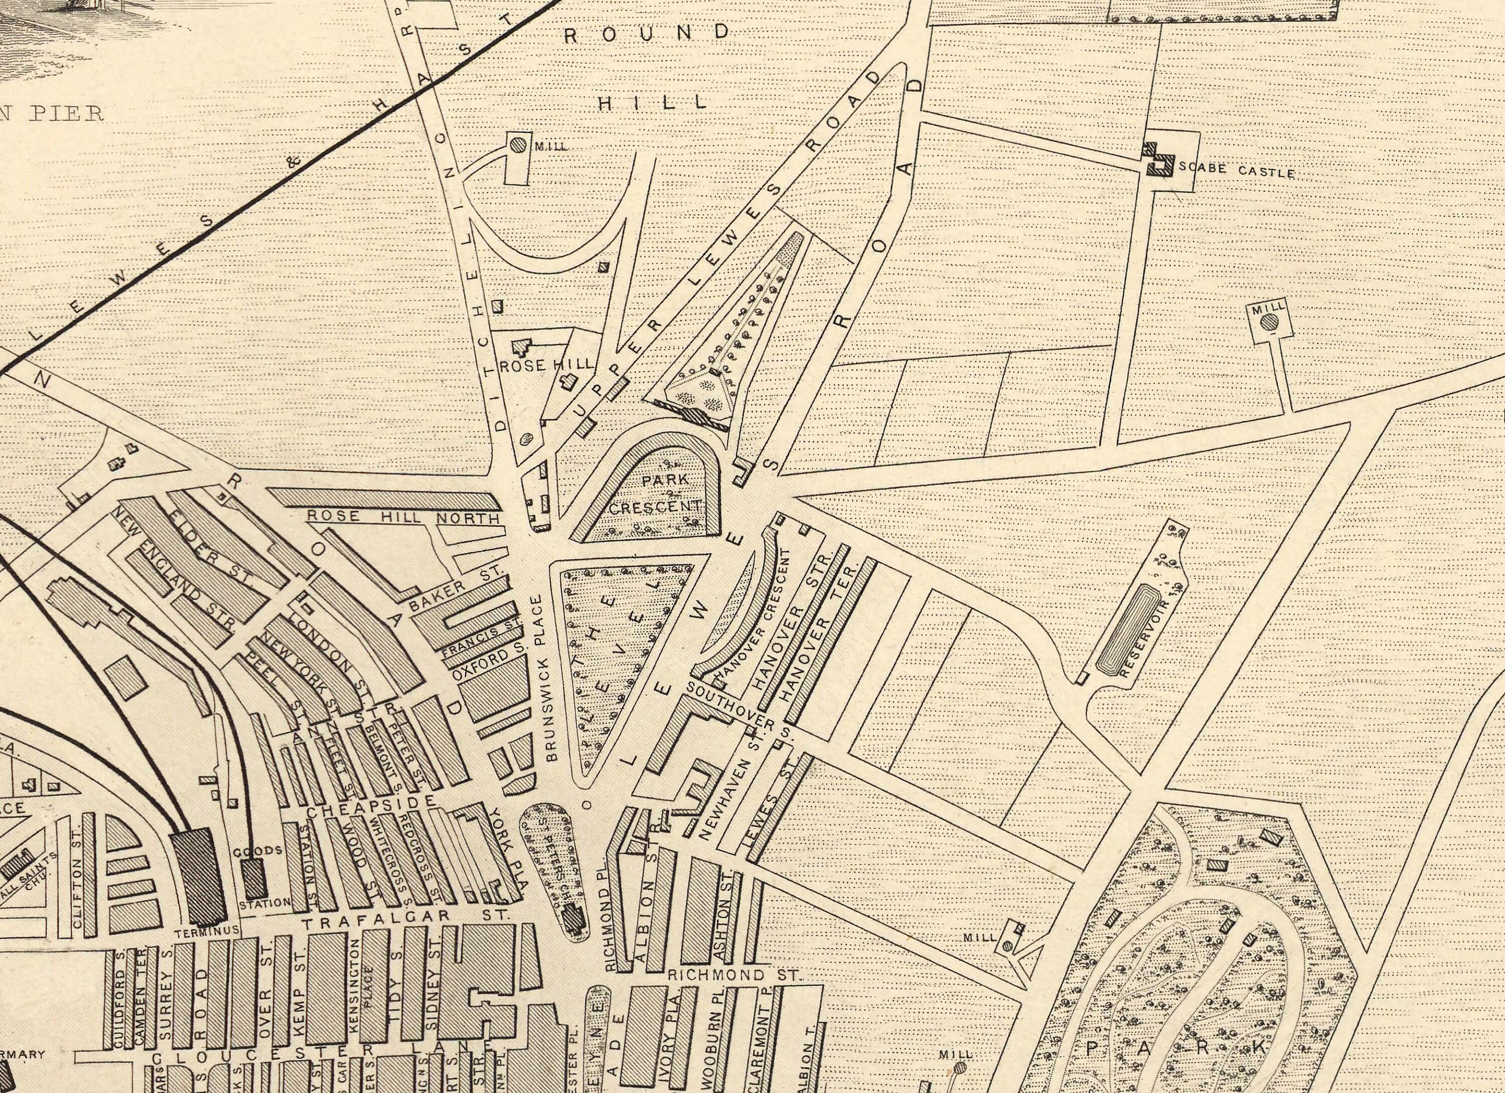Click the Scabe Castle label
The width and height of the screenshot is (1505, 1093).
[1236, 171]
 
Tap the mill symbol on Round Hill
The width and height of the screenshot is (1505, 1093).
[518, 144]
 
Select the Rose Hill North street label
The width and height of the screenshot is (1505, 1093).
[403, 517]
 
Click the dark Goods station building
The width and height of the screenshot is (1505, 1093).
[253, 879]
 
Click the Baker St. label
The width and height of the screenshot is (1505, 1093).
[457, 587]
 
